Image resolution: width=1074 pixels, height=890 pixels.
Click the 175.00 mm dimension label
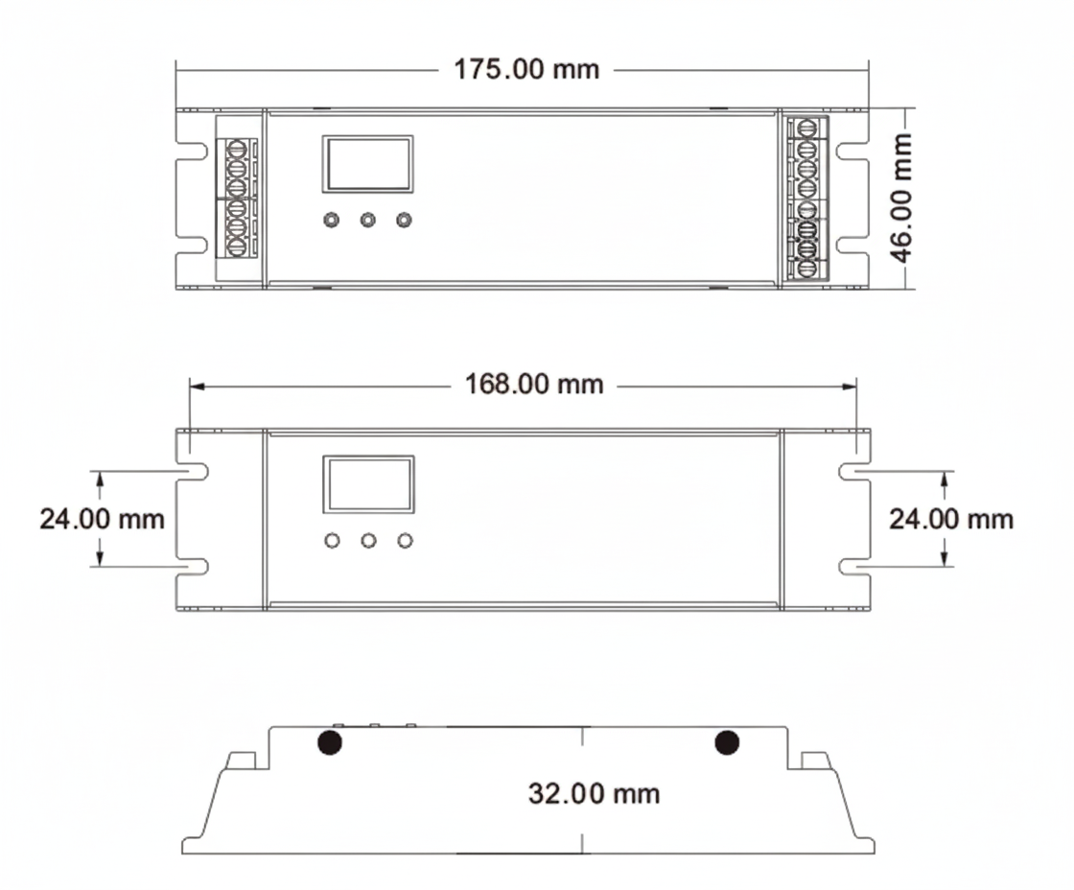click(526, 70)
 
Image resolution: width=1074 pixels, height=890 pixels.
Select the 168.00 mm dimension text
click(534, 385)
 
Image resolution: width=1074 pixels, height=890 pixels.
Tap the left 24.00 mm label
click(102, 519)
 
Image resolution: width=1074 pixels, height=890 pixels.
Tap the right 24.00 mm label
click(950, 519)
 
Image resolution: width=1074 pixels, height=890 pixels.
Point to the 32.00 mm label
click(594, 793)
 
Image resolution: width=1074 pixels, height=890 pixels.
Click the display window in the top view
click(368, 164)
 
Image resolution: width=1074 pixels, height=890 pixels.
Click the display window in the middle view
click(368, 484)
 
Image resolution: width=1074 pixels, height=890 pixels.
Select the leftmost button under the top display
click(332, 221)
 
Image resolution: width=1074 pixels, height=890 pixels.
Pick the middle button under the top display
click(368, 221)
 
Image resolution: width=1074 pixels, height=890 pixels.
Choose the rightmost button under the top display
click(405, 221)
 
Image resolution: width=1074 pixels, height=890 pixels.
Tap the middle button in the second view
click(368, 541)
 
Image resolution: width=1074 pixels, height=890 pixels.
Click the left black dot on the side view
click(330, 742)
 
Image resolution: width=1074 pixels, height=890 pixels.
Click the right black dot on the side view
click(727, 742)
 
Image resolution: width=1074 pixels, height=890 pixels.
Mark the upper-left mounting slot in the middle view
click(195, 472)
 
